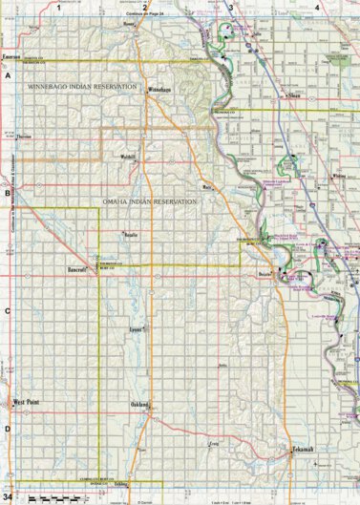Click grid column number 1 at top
(x=59, y=7)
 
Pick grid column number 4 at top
(x=316, y=7)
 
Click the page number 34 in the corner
(x=7, y=496)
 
